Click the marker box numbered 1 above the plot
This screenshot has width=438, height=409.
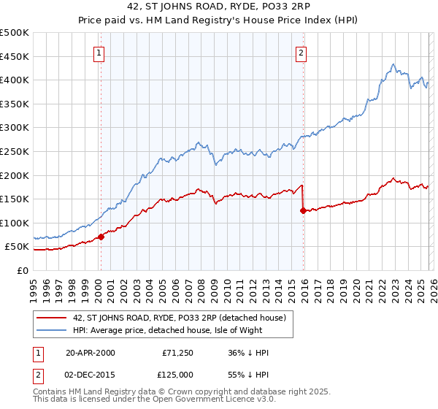[x=99, y=52]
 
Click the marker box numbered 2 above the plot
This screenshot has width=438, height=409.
[x=301, y=52]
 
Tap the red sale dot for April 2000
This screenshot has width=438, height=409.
[x=101, y=236]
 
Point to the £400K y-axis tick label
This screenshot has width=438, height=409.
[x=15, y=80]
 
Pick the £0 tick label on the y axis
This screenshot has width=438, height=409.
[x=23, y=270]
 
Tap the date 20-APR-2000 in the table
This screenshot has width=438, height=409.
[x=91, y=353]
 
